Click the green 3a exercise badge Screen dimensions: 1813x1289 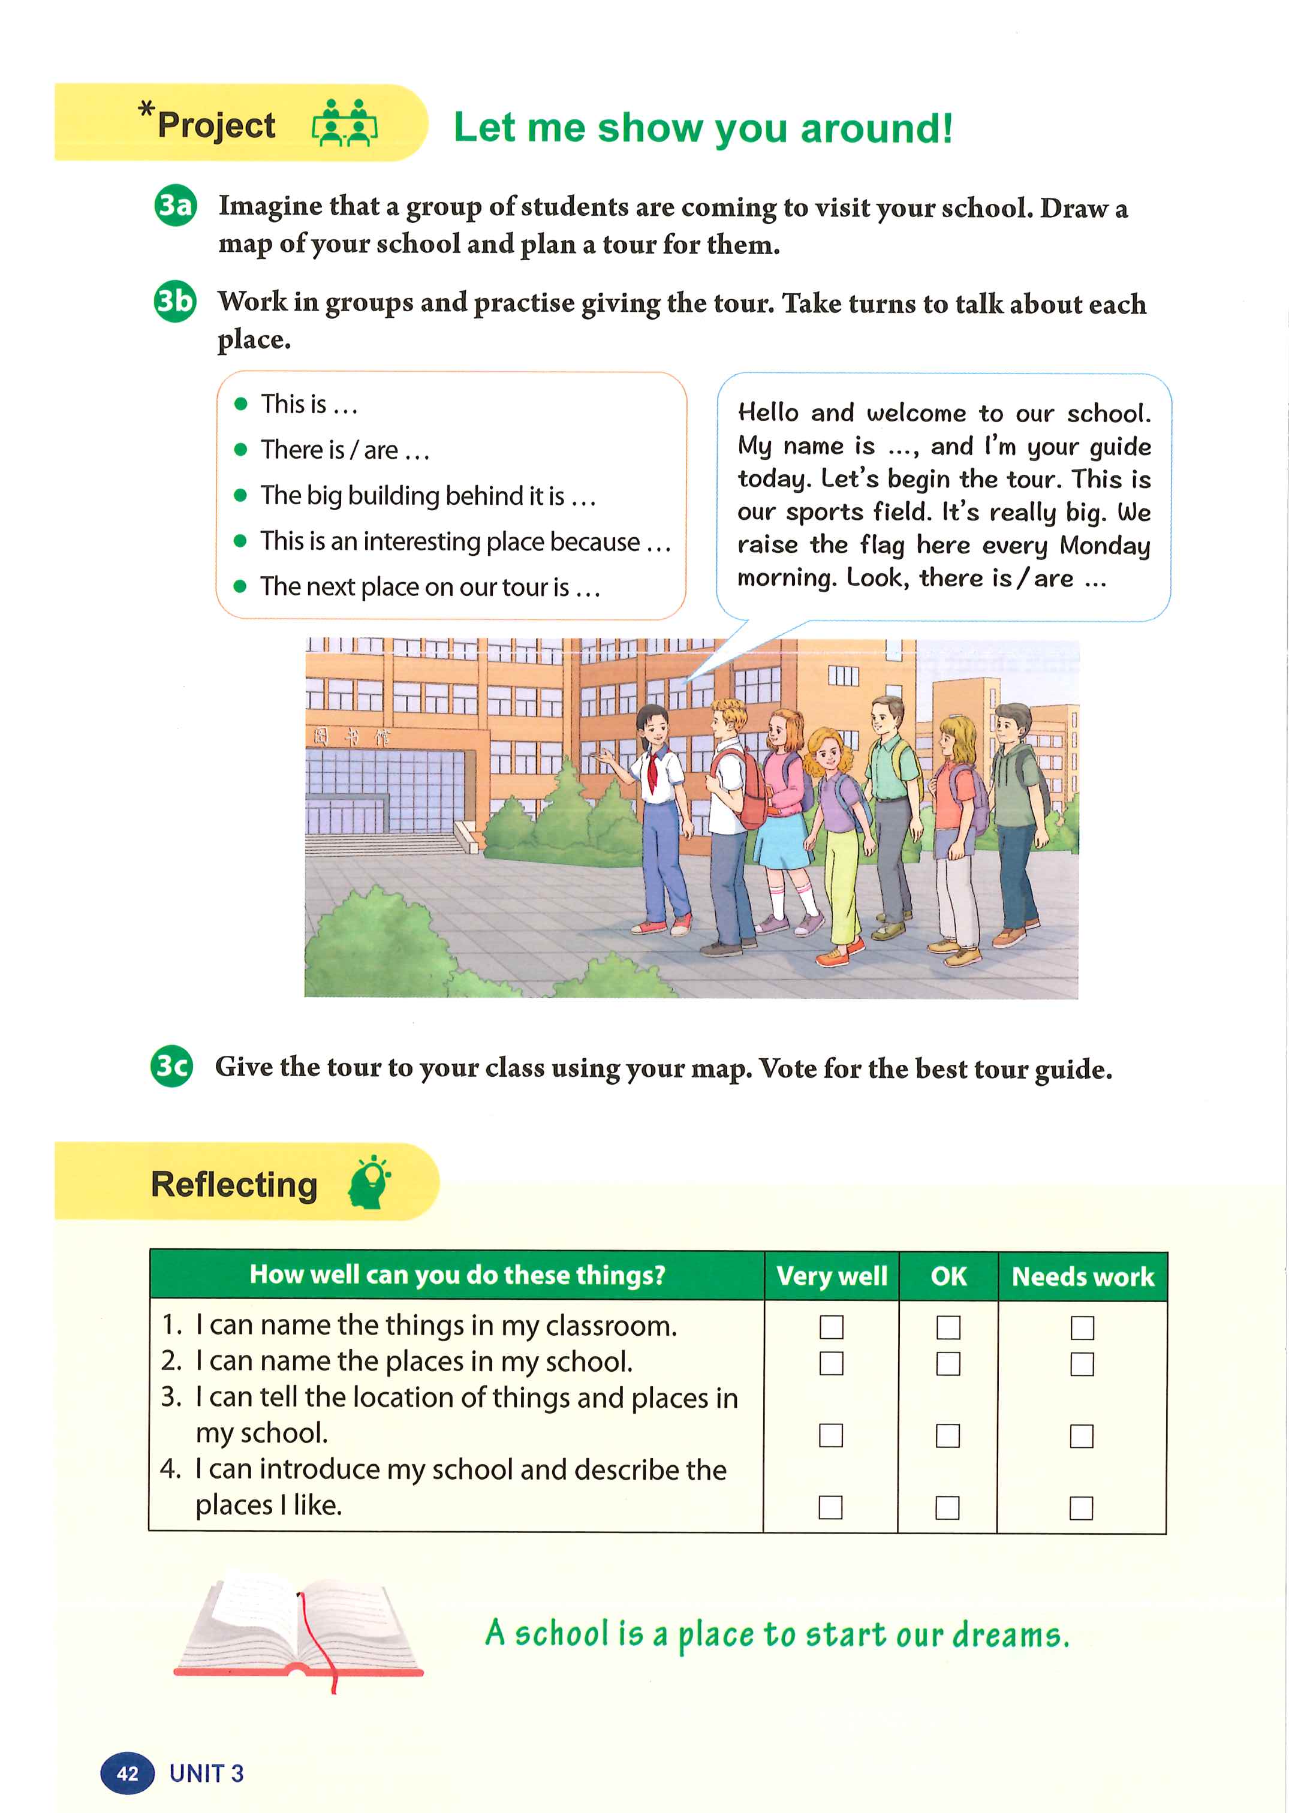174,206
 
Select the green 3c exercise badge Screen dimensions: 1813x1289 171,1065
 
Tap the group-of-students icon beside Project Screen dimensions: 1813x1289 345,123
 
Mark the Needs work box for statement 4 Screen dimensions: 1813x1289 1081,1507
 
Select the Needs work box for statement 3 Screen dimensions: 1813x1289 1081,1435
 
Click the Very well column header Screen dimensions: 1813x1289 831,1276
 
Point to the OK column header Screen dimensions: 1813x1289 948,1276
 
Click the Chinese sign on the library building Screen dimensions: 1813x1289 350,737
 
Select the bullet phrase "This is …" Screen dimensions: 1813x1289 309,405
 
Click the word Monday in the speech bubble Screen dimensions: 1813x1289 1104,546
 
